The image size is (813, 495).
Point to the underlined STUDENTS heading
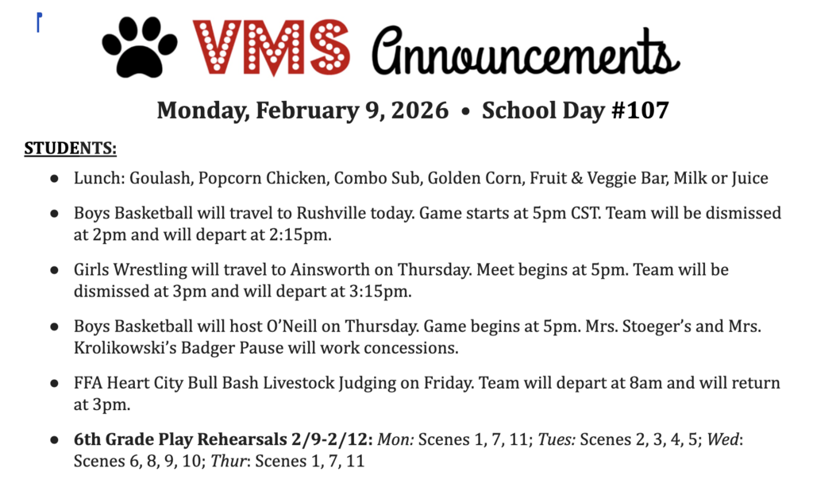point(70,149)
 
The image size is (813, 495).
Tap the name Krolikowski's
point(129,347)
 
